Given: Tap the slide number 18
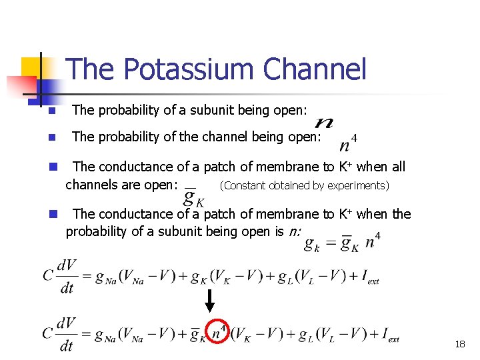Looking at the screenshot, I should (x=460, y=344).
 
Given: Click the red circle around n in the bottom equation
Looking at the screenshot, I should (x=218, y=332).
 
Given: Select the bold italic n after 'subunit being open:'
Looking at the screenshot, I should (x=325, y=123).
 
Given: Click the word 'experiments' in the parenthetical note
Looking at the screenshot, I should (x=356, y=186).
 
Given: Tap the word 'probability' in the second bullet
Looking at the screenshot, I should (x=126, y=137).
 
